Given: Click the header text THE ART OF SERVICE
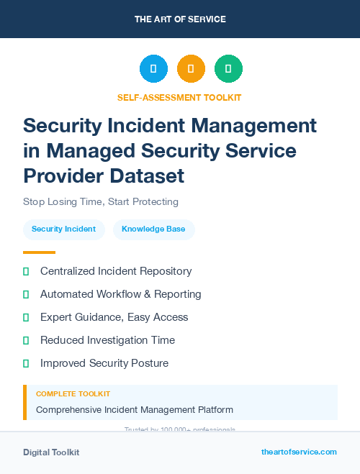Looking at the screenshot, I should point(180,19).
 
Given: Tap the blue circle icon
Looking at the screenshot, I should point(153,69).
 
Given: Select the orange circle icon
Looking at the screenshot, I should point(191,69).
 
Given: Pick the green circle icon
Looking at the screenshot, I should point(228,69).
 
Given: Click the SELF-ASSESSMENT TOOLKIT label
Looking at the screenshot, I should point(179,97).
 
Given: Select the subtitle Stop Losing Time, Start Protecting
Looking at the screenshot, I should point(101,202).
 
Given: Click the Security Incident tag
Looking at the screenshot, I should point(64,229).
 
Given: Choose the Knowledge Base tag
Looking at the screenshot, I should point(153,229).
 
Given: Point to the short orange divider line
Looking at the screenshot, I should point(39,252).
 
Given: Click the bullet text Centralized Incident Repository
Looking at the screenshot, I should point(116,271).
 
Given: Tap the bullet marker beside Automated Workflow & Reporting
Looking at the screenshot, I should point(26,294).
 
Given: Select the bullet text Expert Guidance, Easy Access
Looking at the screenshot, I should point(114,317).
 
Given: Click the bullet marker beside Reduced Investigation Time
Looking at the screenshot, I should point(26,340).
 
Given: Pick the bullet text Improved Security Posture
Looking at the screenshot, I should point(104,363).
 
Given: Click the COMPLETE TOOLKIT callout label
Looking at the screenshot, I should point(73,394).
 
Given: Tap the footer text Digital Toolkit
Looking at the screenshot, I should point(51,452).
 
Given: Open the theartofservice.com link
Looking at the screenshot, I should point(299,452).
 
